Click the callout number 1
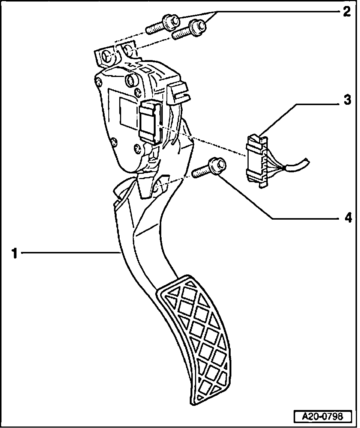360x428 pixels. [x=14, y=254]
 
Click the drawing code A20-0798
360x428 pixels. [x=323, y=417]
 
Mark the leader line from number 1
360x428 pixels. [x=67, y=254]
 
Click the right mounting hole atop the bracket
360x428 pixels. [x=128, y=49]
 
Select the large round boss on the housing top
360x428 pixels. [x=132, y=80]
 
